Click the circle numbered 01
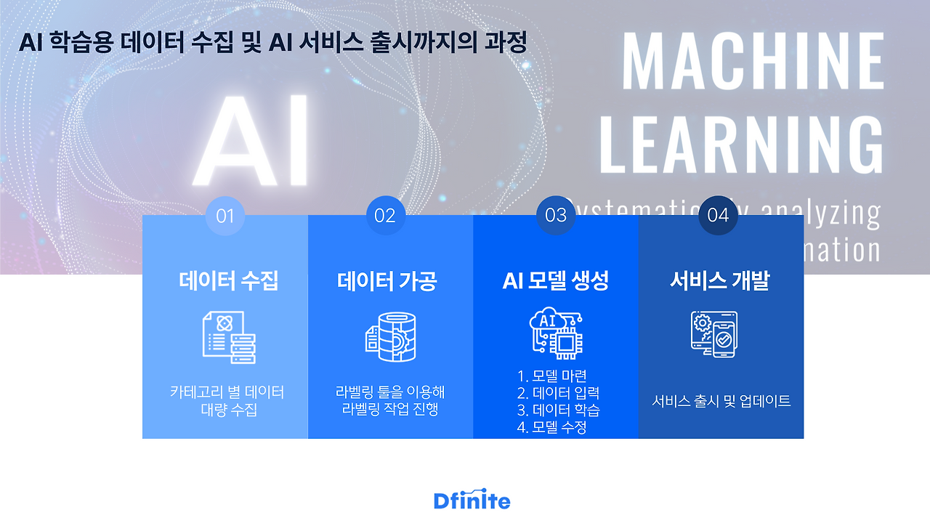pyautogui.click(x=225, y=216)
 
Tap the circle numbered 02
pyautogui.click(x=385, y=216)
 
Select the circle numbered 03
pyautogui.click(x=556, y=215)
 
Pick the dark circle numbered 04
pyautogui.click(x=718, y=215)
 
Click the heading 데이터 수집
pyautogui.click(x=228, y=280)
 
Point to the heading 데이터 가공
pyautogui.click(x=387, y=280)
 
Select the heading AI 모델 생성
pyautogui.click(x=556, y=280)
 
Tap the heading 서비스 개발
pyautogui.click(x=719, y=280)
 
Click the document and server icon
pyautogui.click(x=228, y=337)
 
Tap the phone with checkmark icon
pyautogui.click(x=713, y=333)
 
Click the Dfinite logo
pyautogui.click(x=472, y=500)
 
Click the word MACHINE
pyautogui.click(x=753, y=61)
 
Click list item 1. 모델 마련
pyautogui.click(x=552, y=376)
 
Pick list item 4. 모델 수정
pyautogui.click(x=552, y=427)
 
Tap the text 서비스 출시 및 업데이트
pyautogui.click(x=721, y=401)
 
